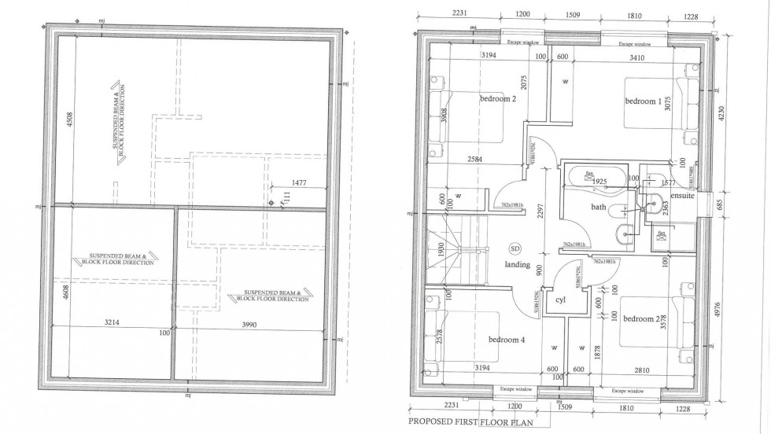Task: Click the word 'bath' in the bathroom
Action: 599,208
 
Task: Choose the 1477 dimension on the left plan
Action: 297,182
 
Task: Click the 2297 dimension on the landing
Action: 540,227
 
